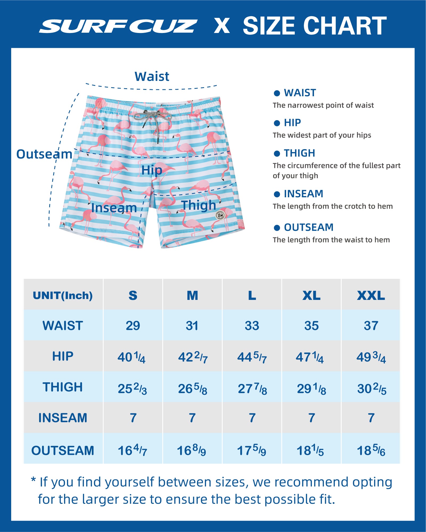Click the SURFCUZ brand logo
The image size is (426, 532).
pyautogui.click(x=118, y=26)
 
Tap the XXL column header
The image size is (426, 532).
pyautogui.click(x=371, y=295)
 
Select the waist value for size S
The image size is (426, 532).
pyautogui.click(x=133, y=326)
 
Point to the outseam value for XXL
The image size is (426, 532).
pyautogui.click(x=371, y=451)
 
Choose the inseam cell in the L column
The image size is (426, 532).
pyautogui.click(x=252, y=418)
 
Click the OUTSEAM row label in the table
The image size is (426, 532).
pyautogui.click(x=63, y=451)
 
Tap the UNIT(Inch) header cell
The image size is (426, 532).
pyautogui.click(x=63, y=295)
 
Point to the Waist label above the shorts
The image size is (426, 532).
pyautogui.click(x=152, y=77)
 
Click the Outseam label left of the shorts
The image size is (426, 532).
pyautogui.click(x=44, y=154)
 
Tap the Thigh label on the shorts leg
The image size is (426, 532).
pyautogui.click(x=198, y=205)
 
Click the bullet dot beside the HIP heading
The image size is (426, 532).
pyautogui.click(x=277, y=123)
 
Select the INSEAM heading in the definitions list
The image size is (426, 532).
pyautogui.click(x=303, y=194)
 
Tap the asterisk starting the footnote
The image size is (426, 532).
pyautogui.click(x=33, y=480)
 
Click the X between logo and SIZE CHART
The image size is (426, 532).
pyautogui.click(x=222, y=26)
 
